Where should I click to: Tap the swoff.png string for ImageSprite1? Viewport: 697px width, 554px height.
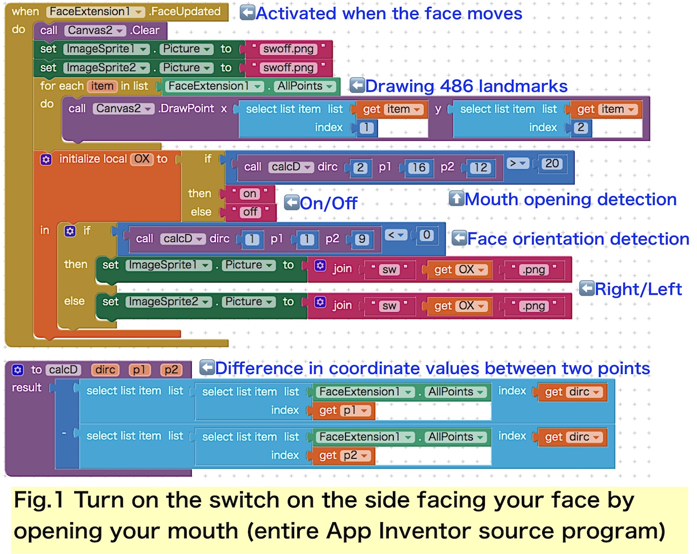(x=288, y=49)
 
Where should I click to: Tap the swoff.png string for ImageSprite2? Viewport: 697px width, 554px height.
(x=288, y=68)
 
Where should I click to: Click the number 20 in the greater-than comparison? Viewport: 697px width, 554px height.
(x=552, y=163)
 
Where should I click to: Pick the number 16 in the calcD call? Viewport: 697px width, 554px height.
(x=419, y=168)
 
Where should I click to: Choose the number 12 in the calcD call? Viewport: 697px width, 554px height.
(x=480, y=168)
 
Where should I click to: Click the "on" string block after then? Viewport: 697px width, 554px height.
(x=250, y=194)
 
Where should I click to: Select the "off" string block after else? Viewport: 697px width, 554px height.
(x=250, y=212)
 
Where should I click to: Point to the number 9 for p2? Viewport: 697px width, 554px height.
(x=362, y=239)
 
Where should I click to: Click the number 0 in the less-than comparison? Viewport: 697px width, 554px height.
(x=426, y=235)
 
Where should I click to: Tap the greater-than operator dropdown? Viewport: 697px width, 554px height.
(x=518, y=163)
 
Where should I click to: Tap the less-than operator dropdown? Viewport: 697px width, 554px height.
(x=396, y=235)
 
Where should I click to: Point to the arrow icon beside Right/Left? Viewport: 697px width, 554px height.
(x=587, y=288)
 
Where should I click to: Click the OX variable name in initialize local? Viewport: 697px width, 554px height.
(x=142, y=159)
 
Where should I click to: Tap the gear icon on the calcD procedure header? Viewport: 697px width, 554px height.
(x=18, y=370)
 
